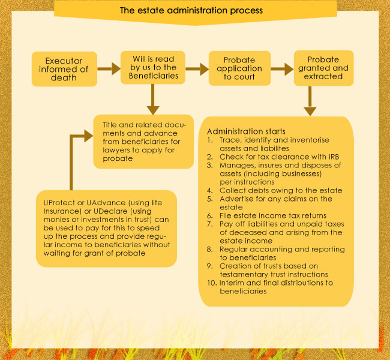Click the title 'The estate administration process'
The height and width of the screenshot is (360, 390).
pos(191,10)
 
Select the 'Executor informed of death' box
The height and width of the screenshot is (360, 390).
pos(64,69)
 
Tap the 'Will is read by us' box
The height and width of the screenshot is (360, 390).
pos(153,67)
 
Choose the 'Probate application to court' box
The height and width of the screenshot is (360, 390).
pos(239,68)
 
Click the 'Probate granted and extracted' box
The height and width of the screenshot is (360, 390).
pos(323,68)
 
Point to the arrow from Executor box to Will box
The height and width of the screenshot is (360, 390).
pos(109,68)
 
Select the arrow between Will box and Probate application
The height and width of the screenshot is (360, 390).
pos(197,69)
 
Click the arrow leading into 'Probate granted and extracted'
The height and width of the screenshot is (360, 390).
pos(283,69)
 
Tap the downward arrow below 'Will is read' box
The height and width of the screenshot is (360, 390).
pos(153,99)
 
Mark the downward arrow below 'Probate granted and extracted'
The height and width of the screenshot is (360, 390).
pos(310,101)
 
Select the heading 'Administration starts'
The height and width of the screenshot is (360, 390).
pos(246,131)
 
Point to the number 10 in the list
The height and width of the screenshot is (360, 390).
pos(211,283)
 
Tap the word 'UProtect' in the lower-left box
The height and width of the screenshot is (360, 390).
pos(59,203)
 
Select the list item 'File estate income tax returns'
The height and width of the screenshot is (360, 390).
pos(273,216)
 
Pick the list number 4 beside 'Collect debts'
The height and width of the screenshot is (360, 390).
pos(209,191)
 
